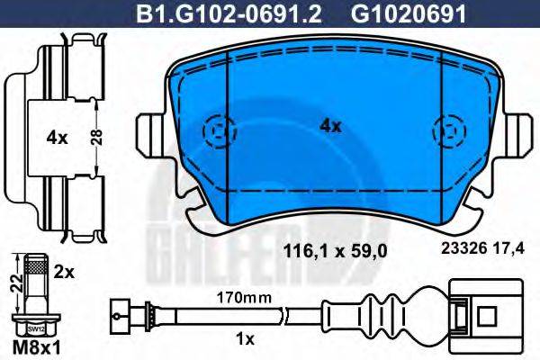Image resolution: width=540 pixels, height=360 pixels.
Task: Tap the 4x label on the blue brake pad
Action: pos(331,126)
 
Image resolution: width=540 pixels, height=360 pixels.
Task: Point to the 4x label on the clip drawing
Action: pos(56,138)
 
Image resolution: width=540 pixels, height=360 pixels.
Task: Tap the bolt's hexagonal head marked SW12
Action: pos(37,328)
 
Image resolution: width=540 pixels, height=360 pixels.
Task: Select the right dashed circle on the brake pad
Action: pos(447,132)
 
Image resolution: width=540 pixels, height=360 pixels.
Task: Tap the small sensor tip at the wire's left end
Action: pos(116,316)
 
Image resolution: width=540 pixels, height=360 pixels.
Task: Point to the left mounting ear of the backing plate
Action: pos(148,135)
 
